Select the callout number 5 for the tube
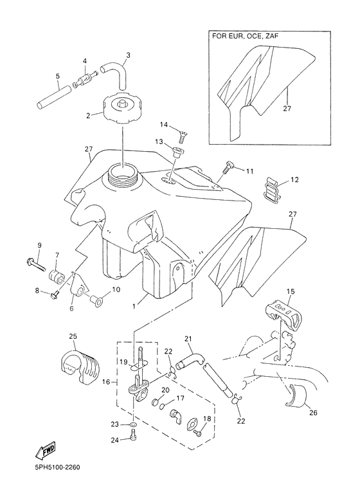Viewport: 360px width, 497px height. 57,77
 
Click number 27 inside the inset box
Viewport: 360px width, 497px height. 286,108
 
